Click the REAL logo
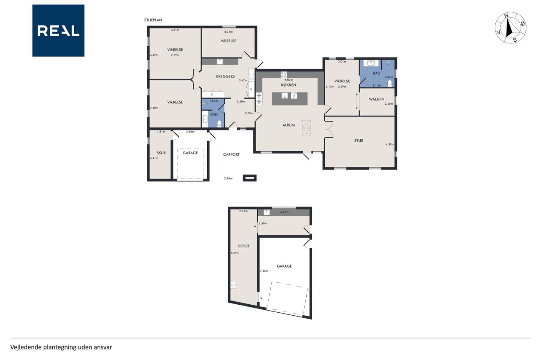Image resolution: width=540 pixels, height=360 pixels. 58,31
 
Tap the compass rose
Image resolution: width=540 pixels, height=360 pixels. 510,28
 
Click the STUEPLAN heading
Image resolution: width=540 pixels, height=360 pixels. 153,20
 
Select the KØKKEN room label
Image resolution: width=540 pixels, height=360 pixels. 289,85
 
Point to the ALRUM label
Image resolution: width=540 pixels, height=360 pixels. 289,125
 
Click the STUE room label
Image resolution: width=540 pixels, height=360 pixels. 359,141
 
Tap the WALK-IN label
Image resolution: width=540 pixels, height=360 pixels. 377,99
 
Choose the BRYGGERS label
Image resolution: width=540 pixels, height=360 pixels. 225,76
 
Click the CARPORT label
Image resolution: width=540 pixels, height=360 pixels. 232,154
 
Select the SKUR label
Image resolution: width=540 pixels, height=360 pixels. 161,153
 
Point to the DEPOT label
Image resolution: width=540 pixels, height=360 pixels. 243,246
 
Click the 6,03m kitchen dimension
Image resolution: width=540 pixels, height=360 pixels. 289,80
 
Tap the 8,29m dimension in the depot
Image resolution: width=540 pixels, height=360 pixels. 235,253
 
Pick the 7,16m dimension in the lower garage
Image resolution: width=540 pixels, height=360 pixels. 264,271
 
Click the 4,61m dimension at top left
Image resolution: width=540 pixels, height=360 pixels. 175,30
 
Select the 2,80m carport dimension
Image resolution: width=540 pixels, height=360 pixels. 228,179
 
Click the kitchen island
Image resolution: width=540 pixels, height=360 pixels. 290,99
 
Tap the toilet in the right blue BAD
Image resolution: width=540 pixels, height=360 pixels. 389,84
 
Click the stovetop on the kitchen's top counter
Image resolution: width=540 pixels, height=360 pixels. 284,75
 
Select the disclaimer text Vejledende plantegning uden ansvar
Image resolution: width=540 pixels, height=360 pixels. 61,347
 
